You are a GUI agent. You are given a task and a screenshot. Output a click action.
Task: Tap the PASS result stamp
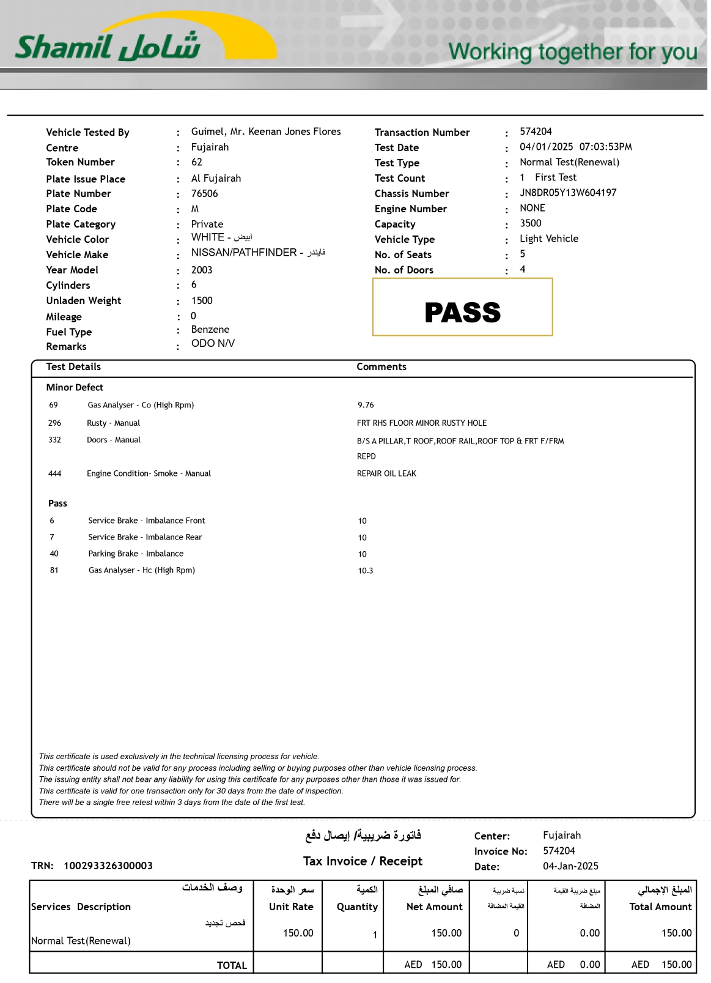click(x=462, y=313)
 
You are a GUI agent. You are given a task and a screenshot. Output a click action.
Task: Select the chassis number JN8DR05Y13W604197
click(x=568, y=193)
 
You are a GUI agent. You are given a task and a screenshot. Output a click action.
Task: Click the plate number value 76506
click(x=204, y=193)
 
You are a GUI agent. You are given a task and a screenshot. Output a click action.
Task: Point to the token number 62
click(x=197, y=162)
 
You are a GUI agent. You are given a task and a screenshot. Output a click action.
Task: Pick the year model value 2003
click(x=202, y=270)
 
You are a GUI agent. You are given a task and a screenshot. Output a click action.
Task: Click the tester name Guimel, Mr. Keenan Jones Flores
click(x=266, y=132)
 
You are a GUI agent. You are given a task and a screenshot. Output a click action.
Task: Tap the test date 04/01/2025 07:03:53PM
click(x=576, y=147)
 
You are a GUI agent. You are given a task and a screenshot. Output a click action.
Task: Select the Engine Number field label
click(x=411, y=209)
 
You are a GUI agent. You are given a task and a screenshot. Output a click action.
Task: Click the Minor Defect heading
click(x=75, y=387)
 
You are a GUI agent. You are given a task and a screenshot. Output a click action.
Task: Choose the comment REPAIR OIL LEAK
click(x=386, y=473)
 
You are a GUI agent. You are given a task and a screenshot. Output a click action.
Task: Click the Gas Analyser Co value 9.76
click(x=366, y=405)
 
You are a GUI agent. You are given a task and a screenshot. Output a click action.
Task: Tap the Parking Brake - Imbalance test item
click(x=136, y=554)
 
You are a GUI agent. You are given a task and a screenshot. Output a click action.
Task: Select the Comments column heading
click(x=381, y=366)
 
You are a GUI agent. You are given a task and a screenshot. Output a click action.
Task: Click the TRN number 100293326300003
click(x=108, y=866)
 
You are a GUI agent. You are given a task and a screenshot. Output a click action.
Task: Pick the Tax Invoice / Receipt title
click(x=363, y=861)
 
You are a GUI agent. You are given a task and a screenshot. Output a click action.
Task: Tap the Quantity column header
click(x=357, y=907)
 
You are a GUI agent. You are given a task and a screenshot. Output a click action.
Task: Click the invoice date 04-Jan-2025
click(x=570, y=866)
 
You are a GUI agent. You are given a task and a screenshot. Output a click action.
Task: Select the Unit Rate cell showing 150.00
click(x=298, y=933)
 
